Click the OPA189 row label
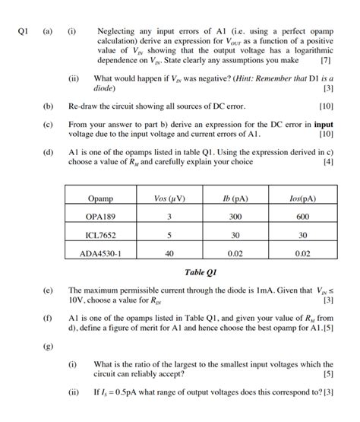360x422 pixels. point(100,217)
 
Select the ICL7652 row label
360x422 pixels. point(100,235)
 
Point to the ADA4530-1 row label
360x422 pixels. point(100,253)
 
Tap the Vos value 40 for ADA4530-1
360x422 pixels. point(170,253)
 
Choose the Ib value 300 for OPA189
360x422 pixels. point(236,217)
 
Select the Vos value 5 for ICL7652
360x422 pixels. point(170,235)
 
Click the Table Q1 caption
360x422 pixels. point(201,271)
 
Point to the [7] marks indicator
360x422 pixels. point(326,59)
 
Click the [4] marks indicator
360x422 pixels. point(327,161)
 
